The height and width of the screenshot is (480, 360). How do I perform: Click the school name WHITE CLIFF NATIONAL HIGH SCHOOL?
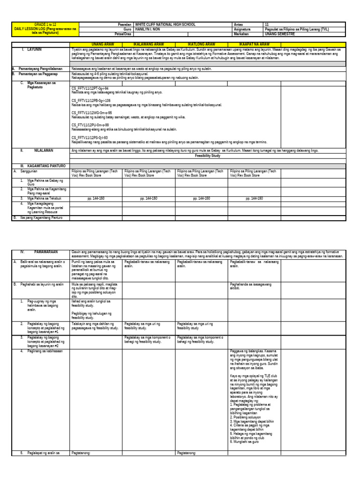165,24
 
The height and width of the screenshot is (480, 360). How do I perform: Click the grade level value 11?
267,24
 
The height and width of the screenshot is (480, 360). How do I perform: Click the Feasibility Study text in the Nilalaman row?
208,155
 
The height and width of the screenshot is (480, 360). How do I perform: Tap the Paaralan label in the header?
124,24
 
